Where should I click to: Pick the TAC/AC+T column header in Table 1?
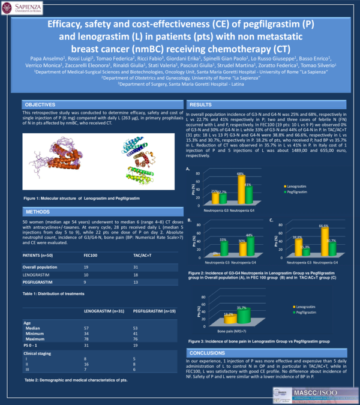(142, 255)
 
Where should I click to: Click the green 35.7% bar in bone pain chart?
(244, 316)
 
